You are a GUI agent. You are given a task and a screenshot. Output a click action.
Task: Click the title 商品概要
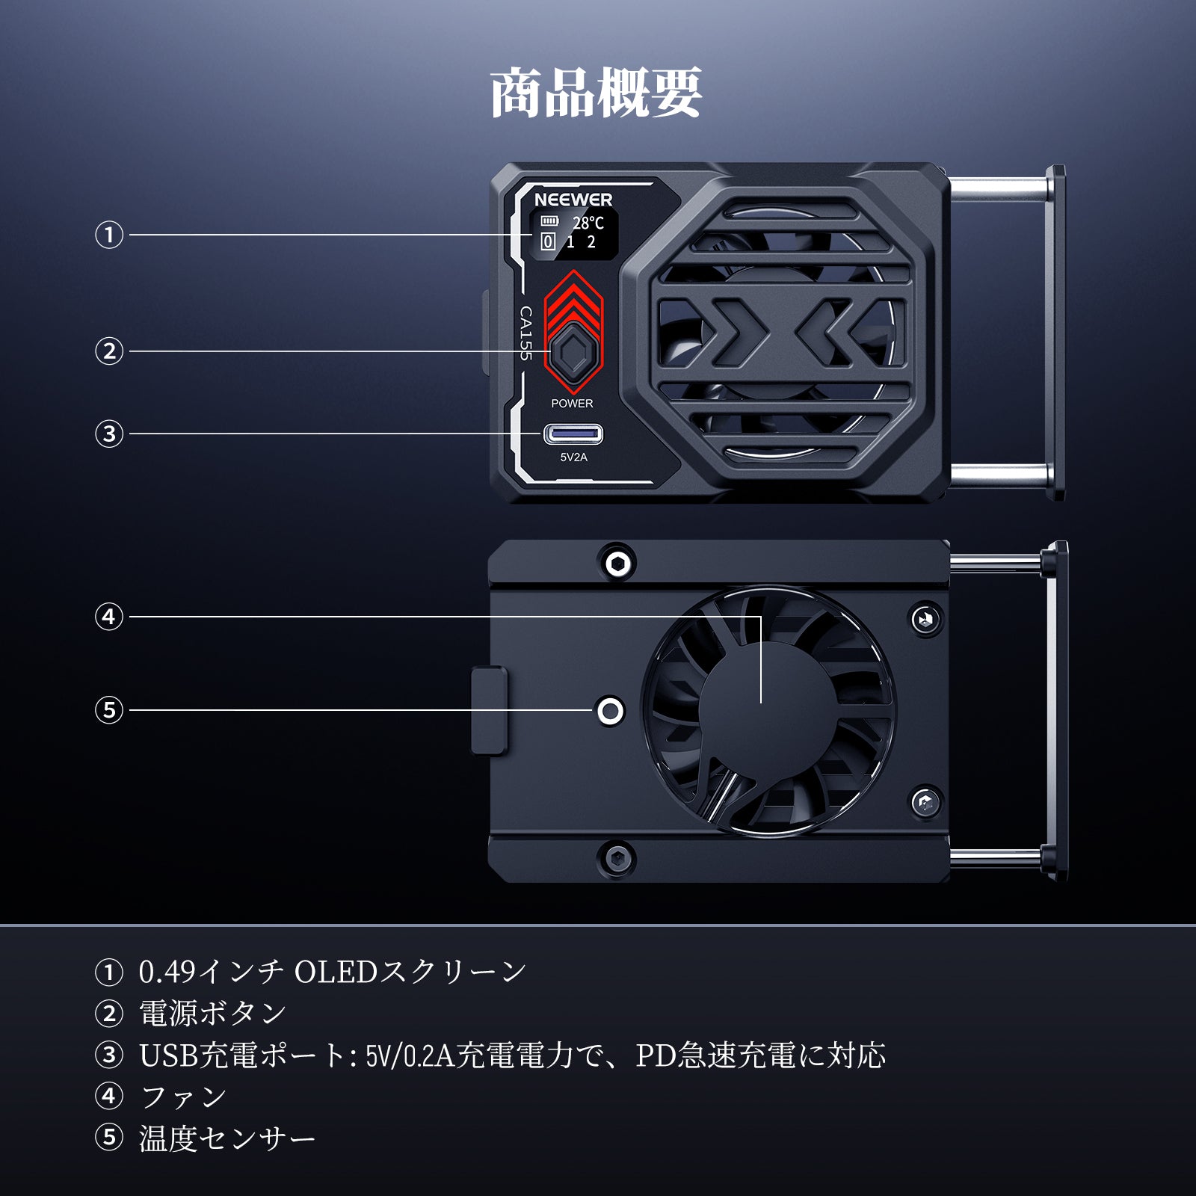597,93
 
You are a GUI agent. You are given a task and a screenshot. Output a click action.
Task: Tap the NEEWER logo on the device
573,200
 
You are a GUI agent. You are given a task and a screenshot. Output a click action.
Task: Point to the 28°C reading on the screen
588,223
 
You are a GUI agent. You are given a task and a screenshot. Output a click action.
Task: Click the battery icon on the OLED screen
549,221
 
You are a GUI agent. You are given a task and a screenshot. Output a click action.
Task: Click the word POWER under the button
572,404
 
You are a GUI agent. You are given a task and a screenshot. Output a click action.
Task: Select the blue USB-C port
573,434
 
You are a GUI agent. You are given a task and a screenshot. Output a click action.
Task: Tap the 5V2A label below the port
573,457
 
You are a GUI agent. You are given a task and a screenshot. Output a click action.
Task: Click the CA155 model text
526,333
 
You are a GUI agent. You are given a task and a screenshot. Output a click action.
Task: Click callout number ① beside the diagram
109,235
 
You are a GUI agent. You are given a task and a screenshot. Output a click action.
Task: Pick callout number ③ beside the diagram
109,434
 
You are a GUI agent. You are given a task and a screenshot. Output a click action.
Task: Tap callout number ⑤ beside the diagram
109,709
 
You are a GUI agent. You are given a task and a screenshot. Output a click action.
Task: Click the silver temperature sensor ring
611,711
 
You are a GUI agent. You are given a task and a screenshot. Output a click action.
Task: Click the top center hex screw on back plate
618,563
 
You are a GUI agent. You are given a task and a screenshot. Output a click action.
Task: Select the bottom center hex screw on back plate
618,857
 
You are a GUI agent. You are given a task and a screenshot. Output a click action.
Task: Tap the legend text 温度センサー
227,1138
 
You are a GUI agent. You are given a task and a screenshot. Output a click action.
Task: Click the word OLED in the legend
336,972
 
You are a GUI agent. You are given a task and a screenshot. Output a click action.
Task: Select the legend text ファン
184,1097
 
